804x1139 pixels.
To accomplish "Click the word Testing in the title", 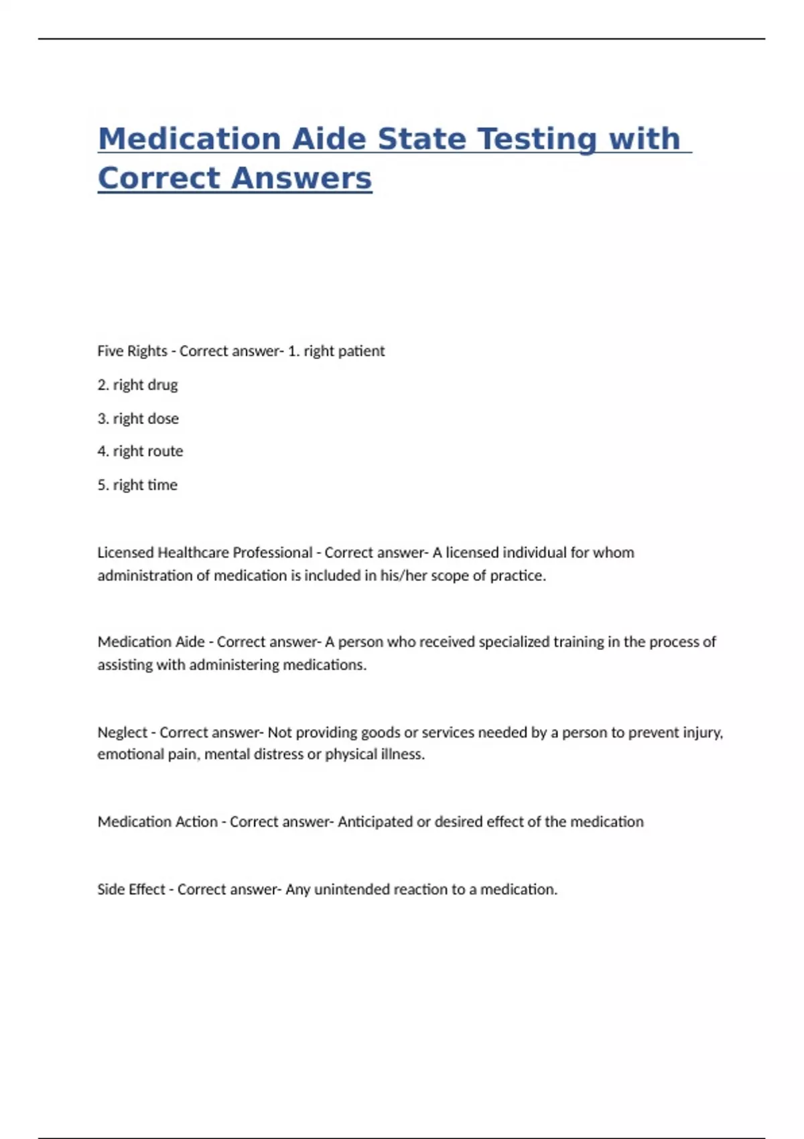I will pyautogui.click(x=529, y=139).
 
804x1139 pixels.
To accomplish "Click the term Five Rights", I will pyautogui.click(x=132, y=351).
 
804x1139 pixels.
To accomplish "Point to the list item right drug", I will pyautogui.click(x=145, y=385).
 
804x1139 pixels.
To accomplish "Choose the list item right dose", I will pyautogui.click(x=145, y=419).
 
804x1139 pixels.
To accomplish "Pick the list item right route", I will pyautogui.click(x=147, y=452).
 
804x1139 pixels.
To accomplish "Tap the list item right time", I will pyautogui.click(x=145, y=485).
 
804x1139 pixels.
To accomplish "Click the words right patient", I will pyautogui.click(x=344, y=351).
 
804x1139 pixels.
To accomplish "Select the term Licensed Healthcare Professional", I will pyautogui.click(x=204, y=553).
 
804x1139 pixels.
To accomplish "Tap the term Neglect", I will pyautogui.click(x=122, y=732).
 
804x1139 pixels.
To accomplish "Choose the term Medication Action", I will pyautogui.click(x=157, y=822).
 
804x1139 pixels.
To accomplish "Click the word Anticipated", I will pyautogui.click(x=375, y=822).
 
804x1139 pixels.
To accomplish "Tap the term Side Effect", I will pyautogui.click(x=131, y=890).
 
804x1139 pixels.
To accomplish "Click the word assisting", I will pyautogui.click(x=125, y=665).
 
